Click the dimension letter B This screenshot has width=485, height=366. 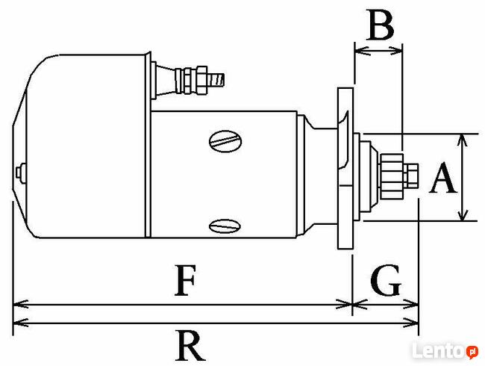[x=381, y=25]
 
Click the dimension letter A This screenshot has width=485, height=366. [x=442, y=178]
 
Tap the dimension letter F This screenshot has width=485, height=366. [x=185, y=280]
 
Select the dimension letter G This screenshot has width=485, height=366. [x=386, y=280]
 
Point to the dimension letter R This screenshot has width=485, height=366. [x=190, y=345]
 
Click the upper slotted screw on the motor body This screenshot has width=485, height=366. [x=225, y=141]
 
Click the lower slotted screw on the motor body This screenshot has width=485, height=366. [x=225, y=226]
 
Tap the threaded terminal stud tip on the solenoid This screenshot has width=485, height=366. [x=218, y=80]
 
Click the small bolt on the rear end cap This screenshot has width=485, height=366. [x=20, y=171]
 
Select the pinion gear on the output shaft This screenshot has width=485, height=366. [x=392, y=176]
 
